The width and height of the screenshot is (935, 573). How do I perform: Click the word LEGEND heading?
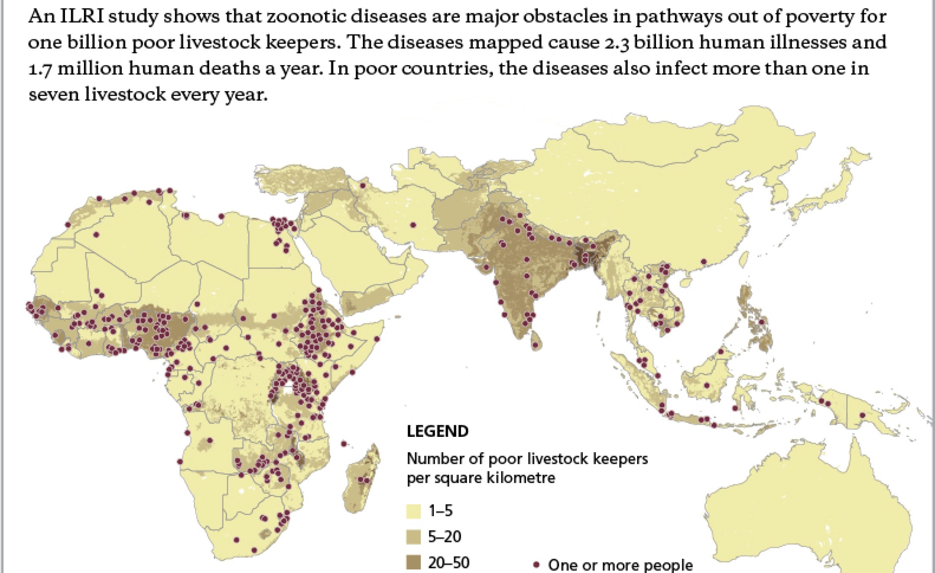coord(437,431)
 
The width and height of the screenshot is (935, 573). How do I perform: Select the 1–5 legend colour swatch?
coord(413,511)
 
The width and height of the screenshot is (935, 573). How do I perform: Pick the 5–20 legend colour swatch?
coord(413,537)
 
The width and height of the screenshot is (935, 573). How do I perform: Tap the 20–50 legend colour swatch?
coord(413,563)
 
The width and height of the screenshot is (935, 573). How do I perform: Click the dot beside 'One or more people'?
coord(536,564)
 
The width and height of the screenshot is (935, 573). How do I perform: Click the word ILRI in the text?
coord(81,16)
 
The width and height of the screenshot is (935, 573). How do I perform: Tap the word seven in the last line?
coord(53,94)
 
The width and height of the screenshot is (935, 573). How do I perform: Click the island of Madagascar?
coord(364,478)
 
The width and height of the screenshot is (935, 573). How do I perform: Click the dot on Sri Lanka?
coord(536,345)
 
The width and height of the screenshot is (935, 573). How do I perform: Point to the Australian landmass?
coord(809,517)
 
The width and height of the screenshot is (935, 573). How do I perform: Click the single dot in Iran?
coord(413,225)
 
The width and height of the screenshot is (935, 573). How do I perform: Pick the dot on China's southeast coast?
coord(704,262)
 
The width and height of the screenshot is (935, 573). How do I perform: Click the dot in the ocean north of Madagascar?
coord(344,443)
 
